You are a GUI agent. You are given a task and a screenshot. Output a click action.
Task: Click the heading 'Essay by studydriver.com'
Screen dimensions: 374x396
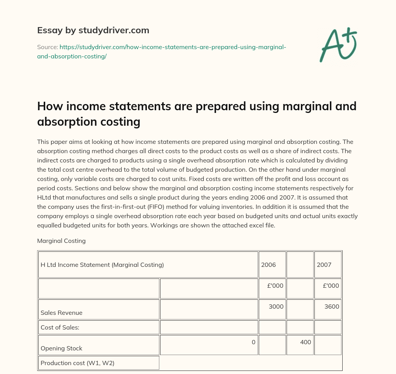(x=93, y=30)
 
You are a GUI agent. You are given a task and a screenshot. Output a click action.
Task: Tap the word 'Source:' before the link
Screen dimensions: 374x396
(x=47, y=47)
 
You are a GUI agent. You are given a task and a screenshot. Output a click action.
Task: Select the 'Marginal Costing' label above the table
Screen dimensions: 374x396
(x=61, y=241)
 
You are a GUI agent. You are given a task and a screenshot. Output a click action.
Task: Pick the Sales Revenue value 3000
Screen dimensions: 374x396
(x=276, y=306)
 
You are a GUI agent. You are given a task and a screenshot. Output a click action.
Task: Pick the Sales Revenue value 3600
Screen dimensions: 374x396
(x=332, y=306)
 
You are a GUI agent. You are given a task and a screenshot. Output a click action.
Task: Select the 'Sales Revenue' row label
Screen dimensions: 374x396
(x=61, y=313)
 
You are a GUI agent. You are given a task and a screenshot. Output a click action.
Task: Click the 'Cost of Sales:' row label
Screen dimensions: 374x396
(x=60, y=327)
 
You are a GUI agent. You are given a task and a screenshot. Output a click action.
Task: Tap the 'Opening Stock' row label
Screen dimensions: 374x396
(x=61, y=348)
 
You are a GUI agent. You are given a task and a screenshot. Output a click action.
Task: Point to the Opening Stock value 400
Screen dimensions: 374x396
(x=306, y=342)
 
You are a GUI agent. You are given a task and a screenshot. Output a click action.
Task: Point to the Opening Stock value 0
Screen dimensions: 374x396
(x=253, y=342)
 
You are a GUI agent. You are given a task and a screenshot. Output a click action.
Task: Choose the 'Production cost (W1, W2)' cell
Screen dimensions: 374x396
(x=77, y=363)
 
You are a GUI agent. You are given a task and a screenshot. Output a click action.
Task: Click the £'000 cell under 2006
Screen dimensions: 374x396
(x=275, y=285)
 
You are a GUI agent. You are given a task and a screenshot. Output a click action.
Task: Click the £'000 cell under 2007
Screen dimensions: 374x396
(x=331, y=285)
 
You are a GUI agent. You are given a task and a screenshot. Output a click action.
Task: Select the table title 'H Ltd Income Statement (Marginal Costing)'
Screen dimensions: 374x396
(x=102, y=265)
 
